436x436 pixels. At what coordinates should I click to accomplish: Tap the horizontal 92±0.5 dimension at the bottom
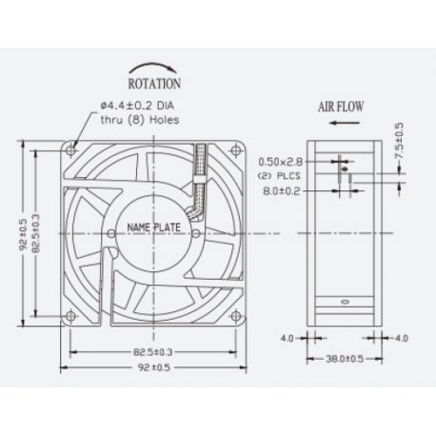(152, 366)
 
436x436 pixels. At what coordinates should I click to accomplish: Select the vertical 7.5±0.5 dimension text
(400, 139)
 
